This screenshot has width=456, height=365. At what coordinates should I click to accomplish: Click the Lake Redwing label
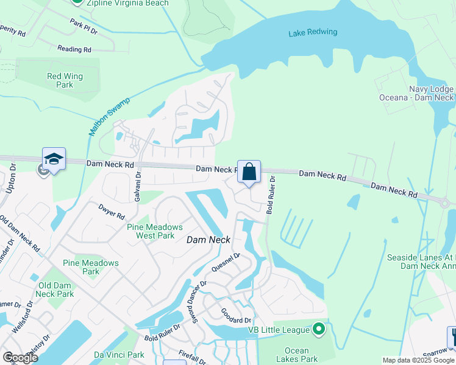pyautogui.click(x=313, y=32)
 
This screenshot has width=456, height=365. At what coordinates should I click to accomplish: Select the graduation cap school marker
pyautogui.click(x=54, y=159)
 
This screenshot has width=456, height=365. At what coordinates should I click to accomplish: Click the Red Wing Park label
pyautogui.click(x=65, y=80)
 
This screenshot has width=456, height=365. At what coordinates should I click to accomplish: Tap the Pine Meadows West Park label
pyautogui.click(x=154, y=231)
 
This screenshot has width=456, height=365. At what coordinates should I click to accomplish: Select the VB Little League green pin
pyautogui.click(x=318, y=330)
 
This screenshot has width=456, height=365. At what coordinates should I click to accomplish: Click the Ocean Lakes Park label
pyautogui.click(x=296, y=355)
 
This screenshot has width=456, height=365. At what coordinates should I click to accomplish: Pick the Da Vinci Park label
pyautogui.click(x=119, y=355)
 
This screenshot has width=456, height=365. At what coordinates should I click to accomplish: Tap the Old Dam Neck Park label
pyautogui.click(x=55, y=290)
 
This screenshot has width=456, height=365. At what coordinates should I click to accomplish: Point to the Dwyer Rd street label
pyautogui.click(x=112, y=211)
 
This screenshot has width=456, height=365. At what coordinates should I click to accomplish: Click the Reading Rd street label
pyautogui.click(x=74, y=49)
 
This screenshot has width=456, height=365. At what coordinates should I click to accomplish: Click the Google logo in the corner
pyautogui.click(x=20, y=357)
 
